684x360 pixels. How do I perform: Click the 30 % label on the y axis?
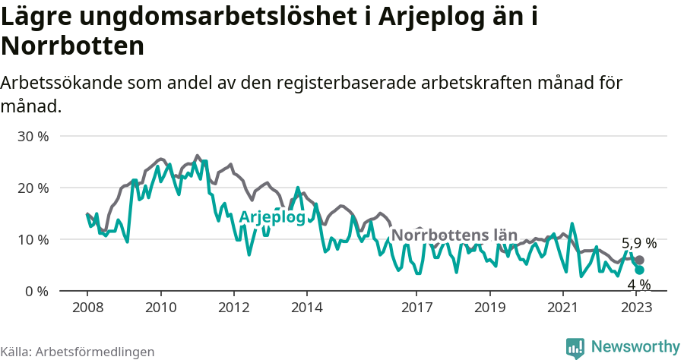click(33, 137)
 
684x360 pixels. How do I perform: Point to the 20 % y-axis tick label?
click(33, 188)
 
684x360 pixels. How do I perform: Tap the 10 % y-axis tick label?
click(33, 240)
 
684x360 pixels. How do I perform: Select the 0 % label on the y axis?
click(37, 292)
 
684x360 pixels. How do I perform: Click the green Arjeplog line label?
click(272, 217)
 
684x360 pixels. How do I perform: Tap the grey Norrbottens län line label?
click(454, 235)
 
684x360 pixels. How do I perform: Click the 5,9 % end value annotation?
click(638, 244)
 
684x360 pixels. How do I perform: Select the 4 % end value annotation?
click(638, 285)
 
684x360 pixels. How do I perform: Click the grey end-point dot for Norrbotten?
click(639, 261)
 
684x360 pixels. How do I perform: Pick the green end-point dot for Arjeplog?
click(639, 270)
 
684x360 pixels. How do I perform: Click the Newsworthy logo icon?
click(575, 348)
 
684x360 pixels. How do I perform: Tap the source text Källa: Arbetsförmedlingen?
click(78, 352)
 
